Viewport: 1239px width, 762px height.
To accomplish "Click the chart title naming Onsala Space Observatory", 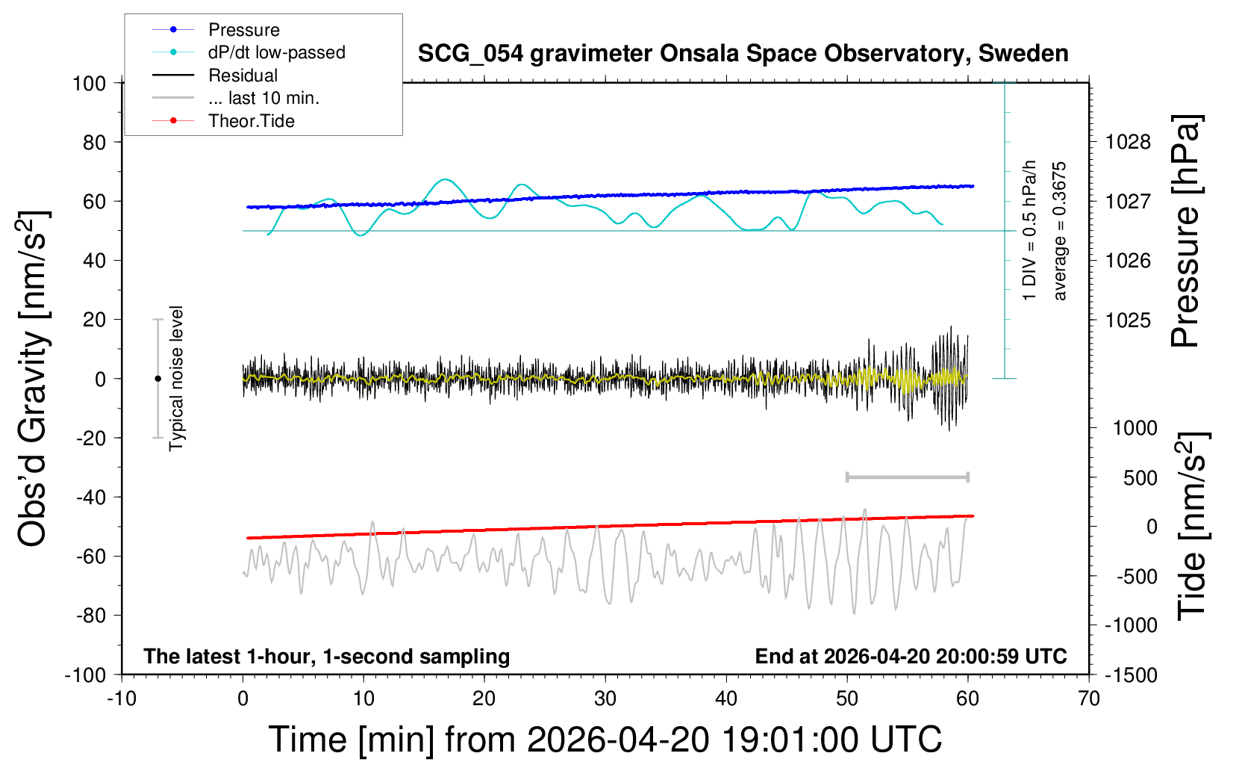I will pos(743,54).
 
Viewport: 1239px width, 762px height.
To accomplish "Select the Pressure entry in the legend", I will pos(243,30).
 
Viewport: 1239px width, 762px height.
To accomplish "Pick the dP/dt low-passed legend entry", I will pos(276,52).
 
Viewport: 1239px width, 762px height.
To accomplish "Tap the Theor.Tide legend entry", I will pos(251,121).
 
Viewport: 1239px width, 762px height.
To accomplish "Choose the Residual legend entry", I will pos(243,75).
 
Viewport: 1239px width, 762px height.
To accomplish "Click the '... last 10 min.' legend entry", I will pos(263,98).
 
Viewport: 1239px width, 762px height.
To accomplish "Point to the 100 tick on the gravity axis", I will pos(89,83).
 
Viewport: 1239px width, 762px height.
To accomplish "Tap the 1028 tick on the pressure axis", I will pos(1128,142).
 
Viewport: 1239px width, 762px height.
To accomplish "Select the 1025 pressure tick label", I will pos(1128,320).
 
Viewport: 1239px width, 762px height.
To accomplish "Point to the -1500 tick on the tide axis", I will pos(1131,675).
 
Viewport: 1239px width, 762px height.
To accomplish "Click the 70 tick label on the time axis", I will pos(1089,699).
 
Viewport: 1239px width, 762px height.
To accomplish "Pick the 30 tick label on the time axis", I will pos(605,699).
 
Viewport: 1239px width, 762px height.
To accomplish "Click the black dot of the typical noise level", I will pos(157,379).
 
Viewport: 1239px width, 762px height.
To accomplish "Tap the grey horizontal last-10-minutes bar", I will pos(907,477).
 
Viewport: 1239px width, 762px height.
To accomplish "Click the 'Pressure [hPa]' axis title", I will pos(1186,232).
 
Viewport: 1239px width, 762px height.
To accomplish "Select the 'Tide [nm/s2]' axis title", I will pos(1193,527).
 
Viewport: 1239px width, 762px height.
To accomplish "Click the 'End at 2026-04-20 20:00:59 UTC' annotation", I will pos(911,657).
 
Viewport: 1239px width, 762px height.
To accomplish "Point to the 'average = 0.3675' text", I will pos(1060,232).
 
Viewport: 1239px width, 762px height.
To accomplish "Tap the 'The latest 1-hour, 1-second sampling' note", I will pos(327,657).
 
